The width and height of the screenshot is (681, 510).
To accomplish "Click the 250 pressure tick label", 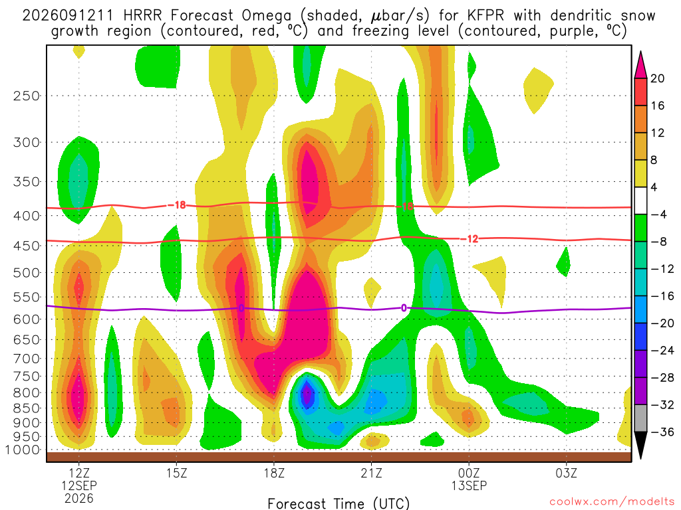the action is tap(27, 96).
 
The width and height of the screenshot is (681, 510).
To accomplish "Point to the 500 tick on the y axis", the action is tap(27, 273).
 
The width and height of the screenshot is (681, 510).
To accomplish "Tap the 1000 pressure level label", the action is tap(22, 450).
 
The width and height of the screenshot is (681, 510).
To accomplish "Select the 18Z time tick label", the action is tap(274, 473).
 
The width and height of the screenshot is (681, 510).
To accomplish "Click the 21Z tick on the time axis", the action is tap(371, 473).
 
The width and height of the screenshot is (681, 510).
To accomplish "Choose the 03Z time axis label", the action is tap(567, 473).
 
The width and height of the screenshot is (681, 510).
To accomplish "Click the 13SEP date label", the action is tap(469, 485).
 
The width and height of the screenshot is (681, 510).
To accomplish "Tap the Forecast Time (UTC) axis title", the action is tap(339, 503).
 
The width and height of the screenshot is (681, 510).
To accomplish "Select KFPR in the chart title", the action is tap(486, 16).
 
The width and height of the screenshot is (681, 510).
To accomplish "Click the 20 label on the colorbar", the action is tap(658, 78).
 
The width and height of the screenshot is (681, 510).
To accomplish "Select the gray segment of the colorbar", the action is tap(640, 418).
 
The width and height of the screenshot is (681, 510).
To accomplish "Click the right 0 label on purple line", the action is tap(404, 308).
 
